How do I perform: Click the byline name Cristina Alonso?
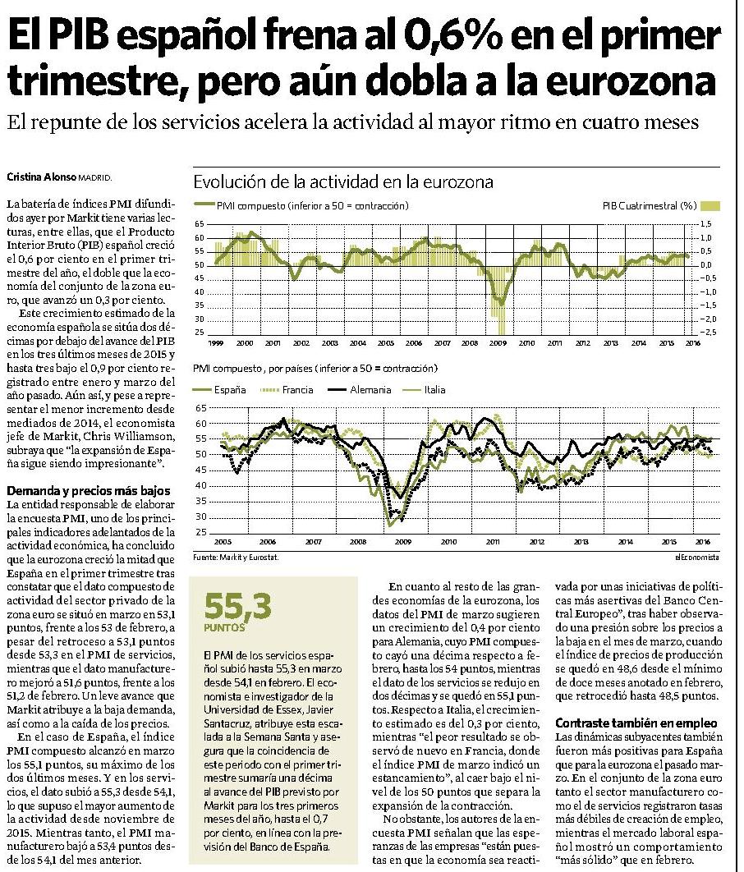pyautogui.click(x=41, y=177)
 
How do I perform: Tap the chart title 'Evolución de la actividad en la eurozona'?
pyautogui.click(x=343, y=181)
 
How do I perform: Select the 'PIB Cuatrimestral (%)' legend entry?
pyautogui.click(x=661, y=206)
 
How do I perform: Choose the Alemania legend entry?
pyautogui.click(x=360, y=390)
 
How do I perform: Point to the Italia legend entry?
pyautogui.click(x=424, y=390)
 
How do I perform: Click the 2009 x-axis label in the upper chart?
pyautogui.click(x=498, y=343)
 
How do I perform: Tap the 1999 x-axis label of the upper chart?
pyautogui.click(x=216, y=343)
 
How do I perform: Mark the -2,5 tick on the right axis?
pyautogui.click(x=704, y=333)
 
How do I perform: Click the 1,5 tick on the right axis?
pyautogui.click(x=705, y=224)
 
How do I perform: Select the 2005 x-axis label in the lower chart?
pyautogui.click(x=223, y=542)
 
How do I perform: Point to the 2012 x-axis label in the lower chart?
pyautogui.click(x=537, y=542)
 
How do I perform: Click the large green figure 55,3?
pyautogui.click(x=237, y=607)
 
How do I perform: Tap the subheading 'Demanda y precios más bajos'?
pyautogui.click(x=89, y=491)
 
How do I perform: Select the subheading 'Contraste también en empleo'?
pyautogui.click(x=636, y=723)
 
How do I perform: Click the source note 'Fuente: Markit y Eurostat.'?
pyautogui.click(x=236, y=558)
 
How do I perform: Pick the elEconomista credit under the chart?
pyautogui.click(x=696, y=558)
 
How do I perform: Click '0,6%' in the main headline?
pyautogui.click(x=453, y=36)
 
